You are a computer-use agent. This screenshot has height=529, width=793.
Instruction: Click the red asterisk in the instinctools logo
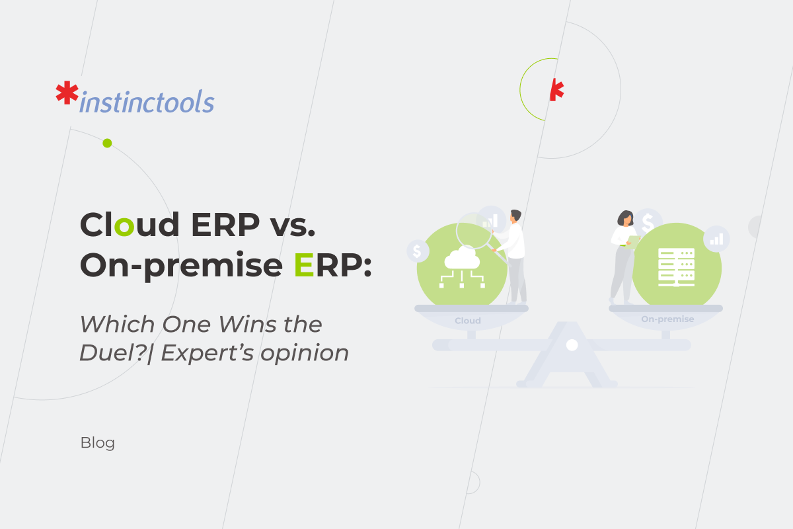tap(67, 93)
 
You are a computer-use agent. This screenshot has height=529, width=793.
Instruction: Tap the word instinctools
tap(147, 101)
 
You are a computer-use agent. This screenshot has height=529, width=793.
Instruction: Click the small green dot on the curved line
tap(107, 143)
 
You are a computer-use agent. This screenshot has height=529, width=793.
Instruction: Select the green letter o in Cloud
tap(124, 226)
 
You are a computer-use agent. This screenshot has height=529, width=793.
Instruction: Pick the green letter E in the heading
tap(304, 264)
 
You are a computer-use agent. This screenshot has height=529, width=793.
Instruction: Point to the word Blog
tap(98, 443)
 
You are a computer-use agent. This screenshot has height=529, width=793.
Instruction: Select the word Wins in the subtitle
tap(247, 324)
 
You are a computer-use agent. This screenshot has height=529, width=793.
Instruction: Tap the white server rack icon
tap(676, 267)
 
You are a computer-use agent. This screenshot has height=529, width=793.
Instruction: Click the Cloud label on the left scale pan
tap(468, 321)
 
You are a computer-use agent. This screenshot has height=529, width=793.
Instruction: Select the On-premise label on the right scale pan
tap(667, 319)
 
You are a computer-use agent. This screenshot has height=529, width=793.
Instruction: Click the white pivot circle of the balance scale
tap(572, 345)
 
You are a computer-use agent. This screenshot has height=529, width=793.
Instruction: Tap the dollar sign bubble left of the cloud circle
tap(418, 251)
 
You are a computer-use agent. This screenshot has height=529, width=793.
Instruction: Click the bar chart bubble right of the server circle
tap(716, 239)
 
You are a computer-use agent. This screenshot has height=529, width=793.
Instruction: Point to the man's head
tap(515, 216)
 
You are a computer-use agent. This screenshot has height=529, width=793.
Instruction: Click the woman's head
tap(626, 218)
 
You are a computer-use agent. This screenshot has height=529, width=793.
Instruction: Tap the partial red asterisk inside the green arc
tap(556, 90)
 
